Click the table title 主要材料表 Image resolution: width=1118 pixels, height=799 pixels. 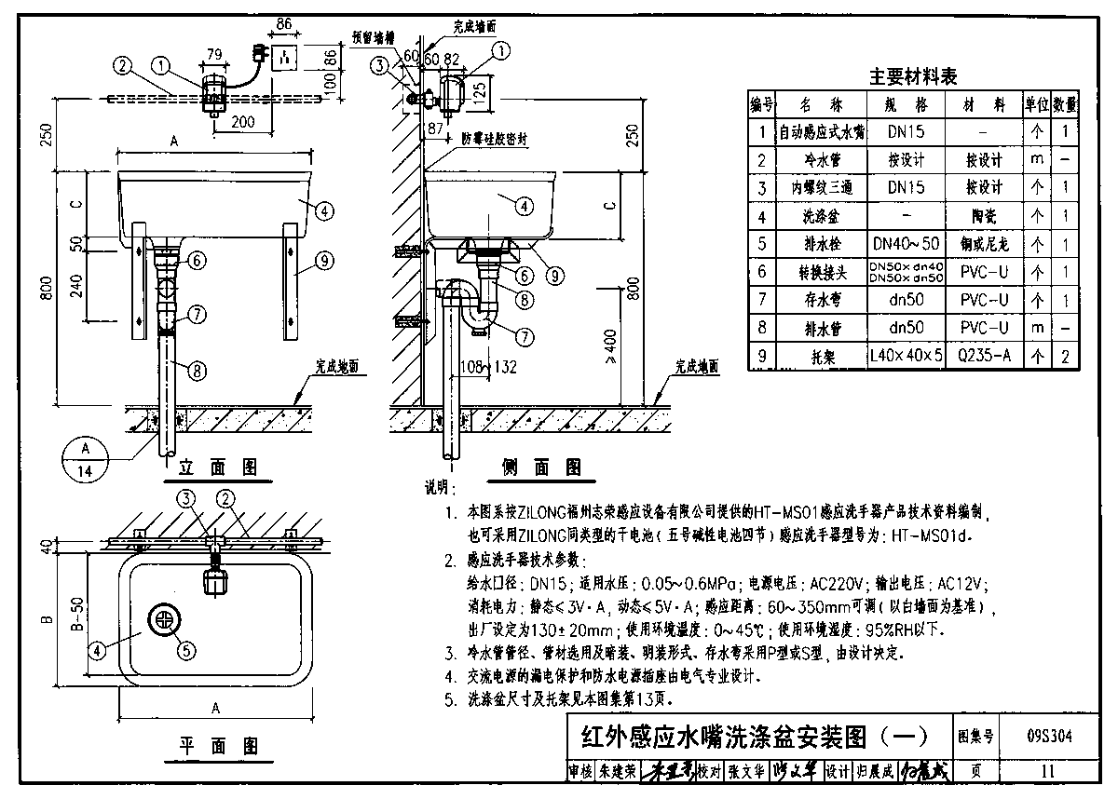tap(913, 76)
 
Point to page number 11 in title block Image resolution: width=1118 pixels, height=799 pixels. tap(1048, 770)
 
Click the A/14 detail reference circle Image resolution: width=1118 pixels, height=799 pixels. tap(86, 458)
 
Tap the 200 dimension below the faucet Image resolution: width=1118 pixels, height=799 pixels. tap(244, 121)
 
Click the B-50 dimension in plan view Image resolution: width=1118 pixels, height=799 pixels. tap(78, 616)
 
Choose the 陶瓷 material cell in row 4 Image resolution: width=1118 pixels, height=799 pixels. tap(977, 216)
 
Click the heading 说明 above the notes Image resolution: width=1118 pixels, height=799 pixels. tap(438, 486)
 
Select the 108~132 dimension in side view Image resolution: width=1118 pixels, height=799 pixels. tap(489, 368)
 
